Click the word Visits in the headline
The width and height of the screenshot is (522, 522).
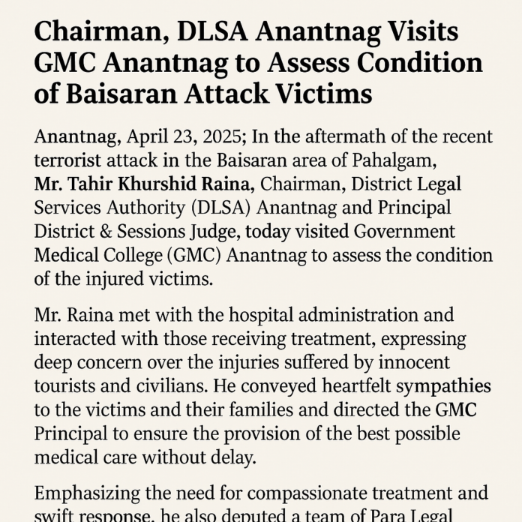pos(409,34)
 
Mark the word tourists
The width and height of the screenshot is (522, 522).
pos(67,387)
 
